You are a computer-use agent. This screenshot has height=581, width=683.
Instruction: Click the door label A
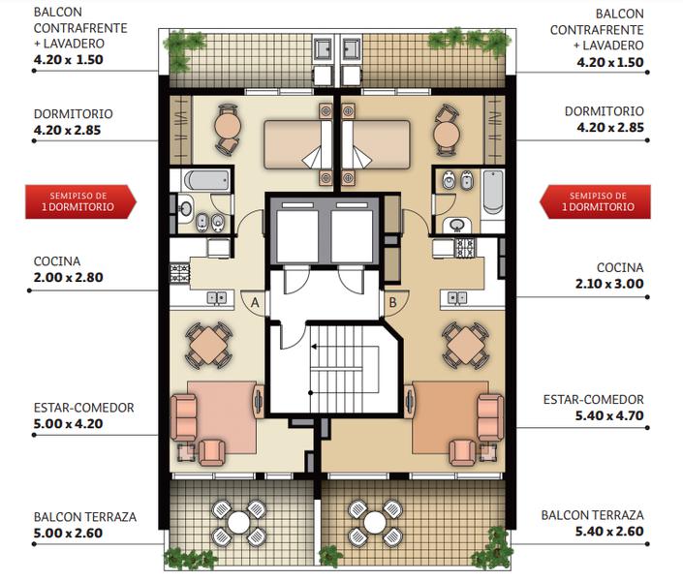click(255, 302)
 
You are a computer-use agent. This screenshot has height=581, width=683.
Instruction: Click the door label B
click(392, 302)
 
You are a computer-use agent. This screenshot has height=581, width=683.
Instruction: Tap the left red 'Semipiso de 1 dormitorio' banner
click(80, 201)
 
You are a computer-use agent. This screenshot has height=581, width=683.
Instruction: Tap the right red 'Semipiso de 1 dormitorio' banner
click(595, 201)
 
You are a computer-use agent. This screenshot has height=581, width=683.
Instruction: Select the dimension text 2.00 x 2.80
click(69, 278)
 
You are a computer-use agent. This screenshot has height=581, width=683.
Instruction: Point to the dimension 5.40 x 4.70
click(609, 415)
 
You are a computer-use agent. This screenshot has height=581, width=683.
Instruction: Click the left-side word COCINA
click(57, 261)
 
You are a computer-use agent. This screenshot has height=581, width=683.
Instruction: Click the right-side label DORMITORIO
click(605, 111)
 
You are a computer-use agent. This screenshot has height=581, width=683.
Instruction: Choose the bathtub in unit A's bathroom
click(206, 180)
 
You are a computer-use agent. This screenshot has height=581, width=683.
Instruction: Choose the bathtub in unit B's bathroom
click(493, 192)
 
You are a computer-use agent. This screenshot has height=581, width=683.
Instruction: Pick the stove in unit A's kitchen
click(180, 273)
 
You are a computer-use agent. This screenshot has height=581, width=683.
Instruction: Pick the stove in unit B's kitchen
click(466, 247)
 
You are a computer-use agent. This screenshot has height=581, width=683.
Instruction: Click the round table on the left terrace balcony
click(238, 522)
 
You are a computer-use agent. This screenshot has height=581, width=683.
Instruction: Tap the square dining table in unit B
click(465, 346)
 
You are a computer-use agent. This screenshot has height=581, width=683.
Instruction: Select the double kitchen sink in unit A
click(217, 298)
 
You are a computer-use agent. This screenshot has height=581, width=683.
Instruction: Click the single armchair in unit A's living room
click(212, 452)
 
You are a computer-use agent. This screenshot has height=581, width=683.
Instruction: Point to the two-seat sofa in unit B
click(490, 417)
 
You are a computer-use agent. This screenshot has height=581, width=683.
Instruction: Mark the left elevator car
click(298, 235)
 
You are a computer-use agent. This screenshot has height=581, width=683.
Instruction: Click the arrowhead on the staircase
click(314, 347)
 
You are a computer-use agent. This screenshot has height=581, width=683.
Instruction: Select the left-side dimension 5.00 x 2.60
click(69, 534)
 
